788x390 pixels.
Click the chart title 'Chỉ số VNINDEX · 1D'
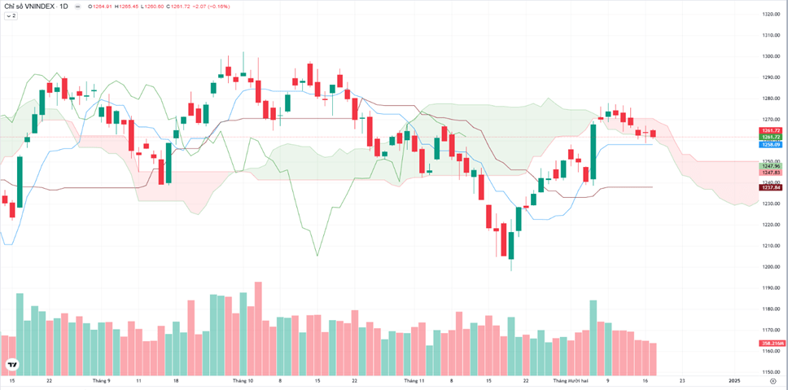36,7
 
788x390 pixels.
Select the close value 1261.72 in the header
174,7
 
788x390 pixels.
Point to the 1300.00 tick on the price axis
770,56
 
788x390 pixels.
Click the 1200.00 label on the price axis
770,267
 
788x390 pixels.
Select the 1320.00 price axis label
770,15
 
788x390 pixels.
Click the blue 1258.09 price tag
770,144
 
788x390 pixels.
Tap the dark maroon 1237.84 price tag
770,187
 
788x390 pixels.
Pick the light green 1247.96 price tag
770,166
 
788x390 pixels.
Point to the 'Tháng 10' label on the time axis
243,380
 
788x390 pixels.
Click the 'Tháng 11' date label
414,380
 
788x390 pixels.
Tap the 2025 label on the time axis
733,380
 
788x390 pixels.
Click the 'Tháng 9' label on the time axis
101,380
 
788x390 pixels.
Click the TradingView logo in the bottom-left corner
12,364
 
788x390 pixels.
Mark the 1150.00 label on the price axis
770,372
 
